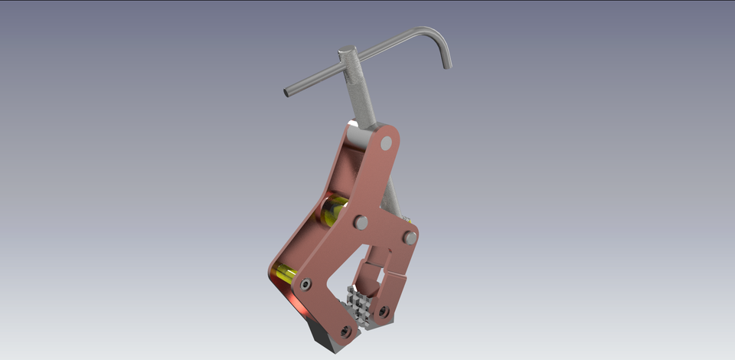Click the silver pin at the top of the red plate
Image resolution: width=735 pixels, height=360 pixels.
click(386, 142)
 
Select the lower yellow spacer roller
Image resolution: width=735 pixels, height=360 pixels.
click(286, 271)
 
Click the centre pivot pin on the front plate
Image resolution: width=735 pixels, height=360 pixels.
click(361, 222)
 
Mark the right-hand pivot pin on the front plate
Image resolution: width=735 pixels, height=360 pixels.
click(410, 238)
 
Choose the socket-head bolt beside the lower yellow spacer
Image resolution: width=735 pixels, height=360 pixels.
click(306, 284)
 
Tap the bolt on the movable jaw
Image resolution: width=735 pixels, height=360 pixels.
click(383, 312)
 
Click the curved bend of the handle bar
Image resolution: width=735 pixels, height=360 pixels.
click(433, 34)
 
